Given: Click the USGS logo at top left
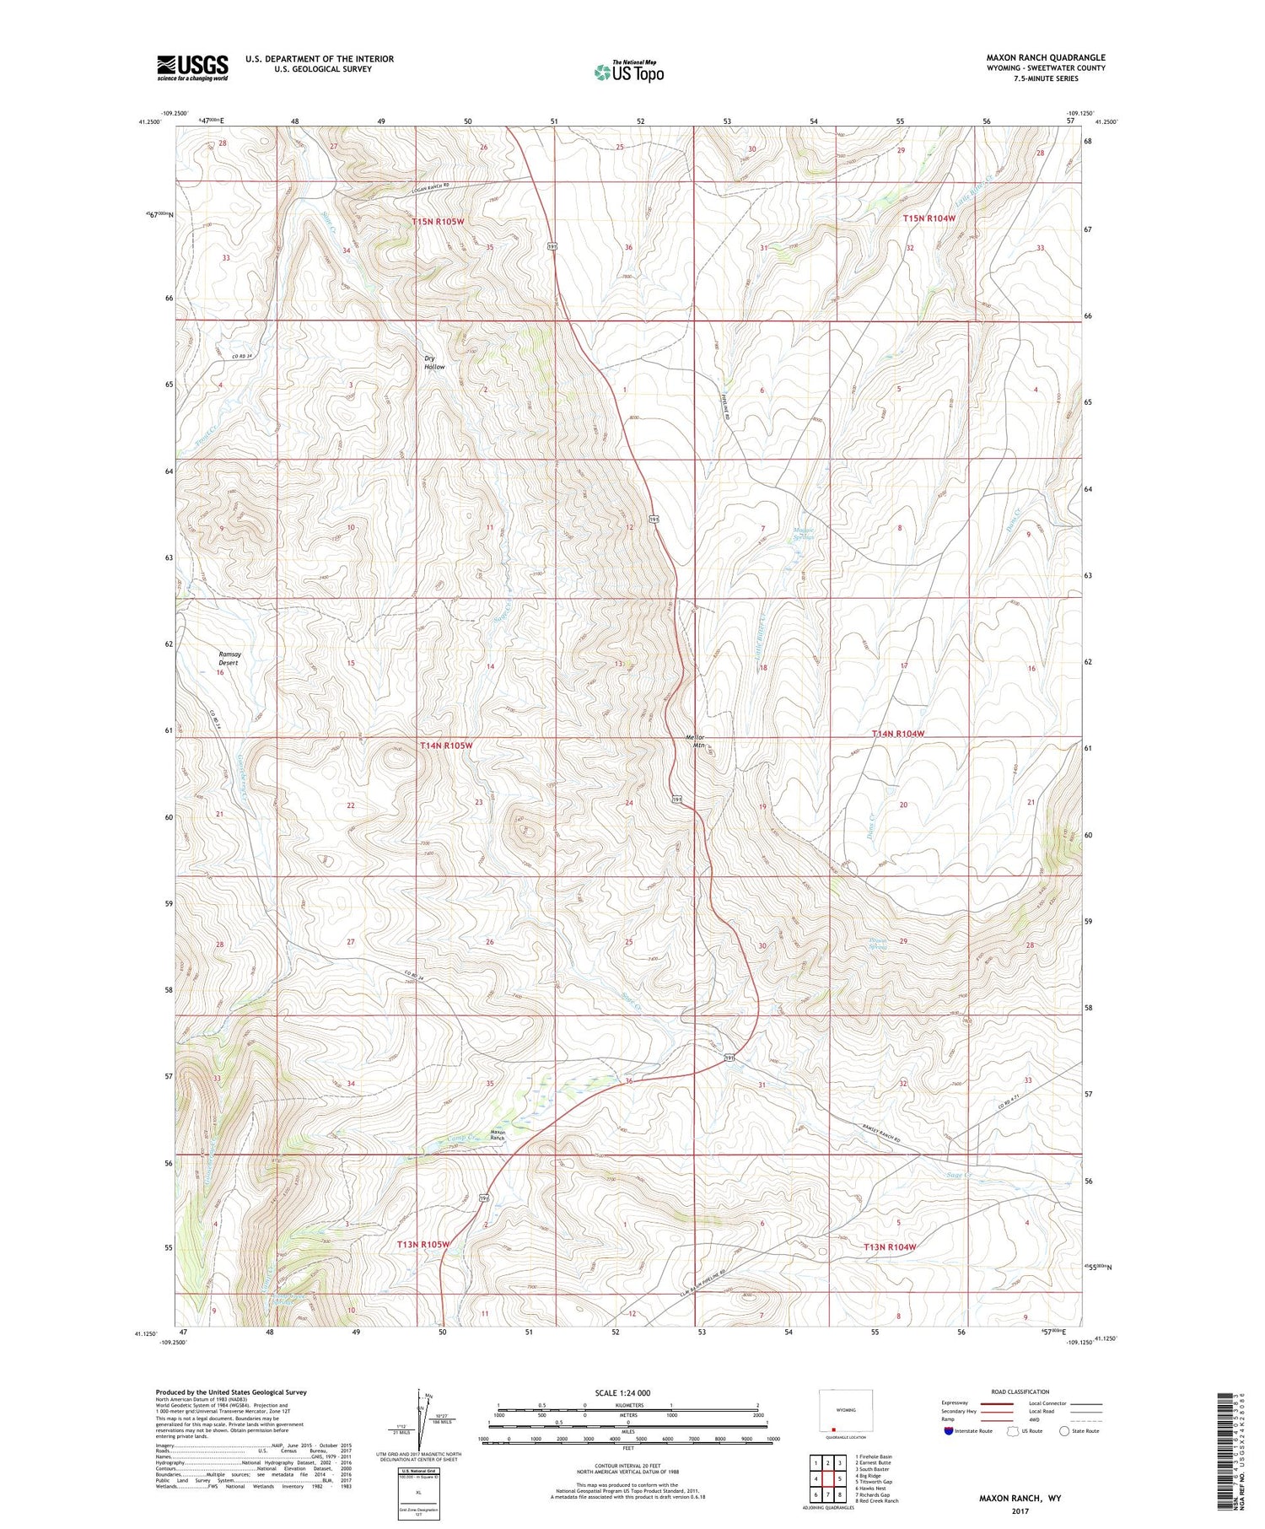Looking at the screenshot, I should coord(192,67).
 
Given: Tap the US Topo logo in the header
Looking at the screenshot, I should coord(628,72).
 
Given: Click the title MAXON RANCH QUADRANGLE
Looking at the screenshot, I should coord(1046,57).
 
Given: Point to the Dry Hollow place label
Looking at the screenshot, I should coord(434,363).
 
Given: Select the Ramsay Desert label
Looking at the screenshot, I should coord(229,659).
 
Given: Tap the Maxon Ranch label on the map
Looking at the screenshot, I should coord(498,1135).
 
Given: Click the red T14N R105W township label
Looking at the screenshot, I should coord(446,746).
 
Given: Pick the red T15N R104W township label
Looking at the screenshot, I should coord(929,218).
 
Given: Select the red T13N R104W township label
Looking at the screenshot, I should coord(889,1246).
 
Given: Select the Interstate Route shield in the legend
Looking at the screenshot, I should coord(949,1430).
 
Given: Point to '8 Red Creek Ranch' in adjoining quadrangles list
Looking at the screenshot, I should coord(876,1500).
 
